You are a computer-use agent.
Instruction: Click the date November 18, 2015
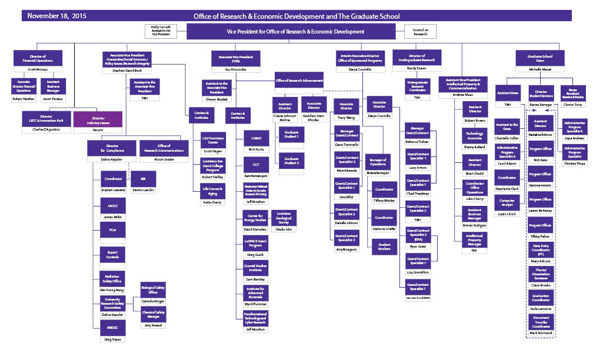pyautogui.click(x=57, y=16)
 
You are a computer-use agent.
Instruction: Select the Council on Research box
pyautogui.click(x=420, y=32)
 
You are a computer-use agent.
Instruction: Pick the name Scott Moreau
pyautogui.click(x=38, y=69)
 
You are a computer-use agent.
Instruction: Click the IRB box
pyautogui.click(x=143, y=178)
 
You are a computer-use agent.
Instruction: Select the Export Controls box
pyautogui.click(x=112, y=255)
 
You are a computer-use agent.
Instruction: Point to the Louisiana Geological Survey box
pyautogui.click(x=284, y=217)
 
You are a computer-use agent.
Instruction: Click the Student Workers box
pyautogui.click(x=384, y=247)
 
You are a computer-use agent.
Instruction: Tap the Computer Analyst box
pyautogui.click(x=507, y=204)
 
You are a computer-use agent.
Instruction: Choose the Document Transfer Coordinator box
pyautogui.click(x=541, y=322)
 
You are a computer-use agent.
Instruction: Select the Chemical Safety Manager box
pyautogui.click(x=153, y=314)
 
